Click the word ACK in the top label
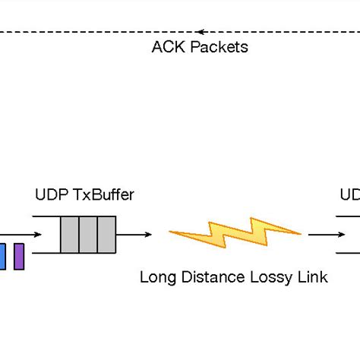tap(165, 47)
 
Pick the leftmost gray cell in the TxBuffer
tap(69, 235)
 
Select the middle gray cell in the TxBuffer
tap(87, 235)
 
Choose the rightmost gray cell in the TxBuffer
tap(106, 235)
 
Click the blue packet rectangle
tap(2, 256)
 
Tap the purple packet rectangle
tap(19, 256)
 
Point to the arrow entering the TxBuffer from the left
tap(23, 235)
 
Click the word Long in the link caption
tap(156, 277)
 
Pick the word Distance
tap(204, 277)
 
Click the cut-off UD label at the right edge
tap(349, 194)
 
